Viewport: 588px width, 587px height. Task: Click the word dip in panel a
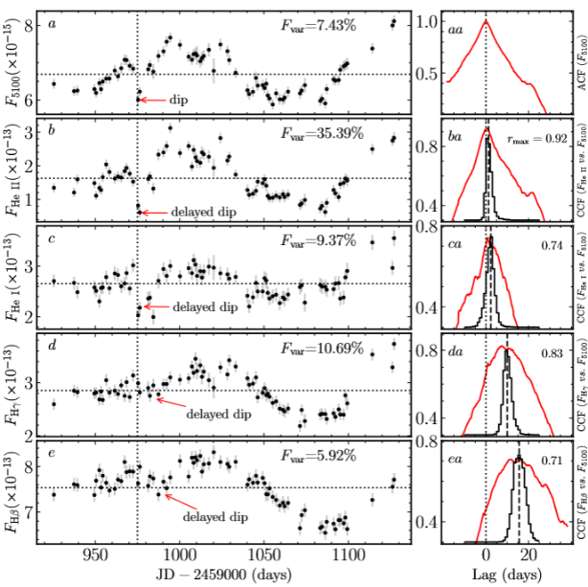coord(179,99)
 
